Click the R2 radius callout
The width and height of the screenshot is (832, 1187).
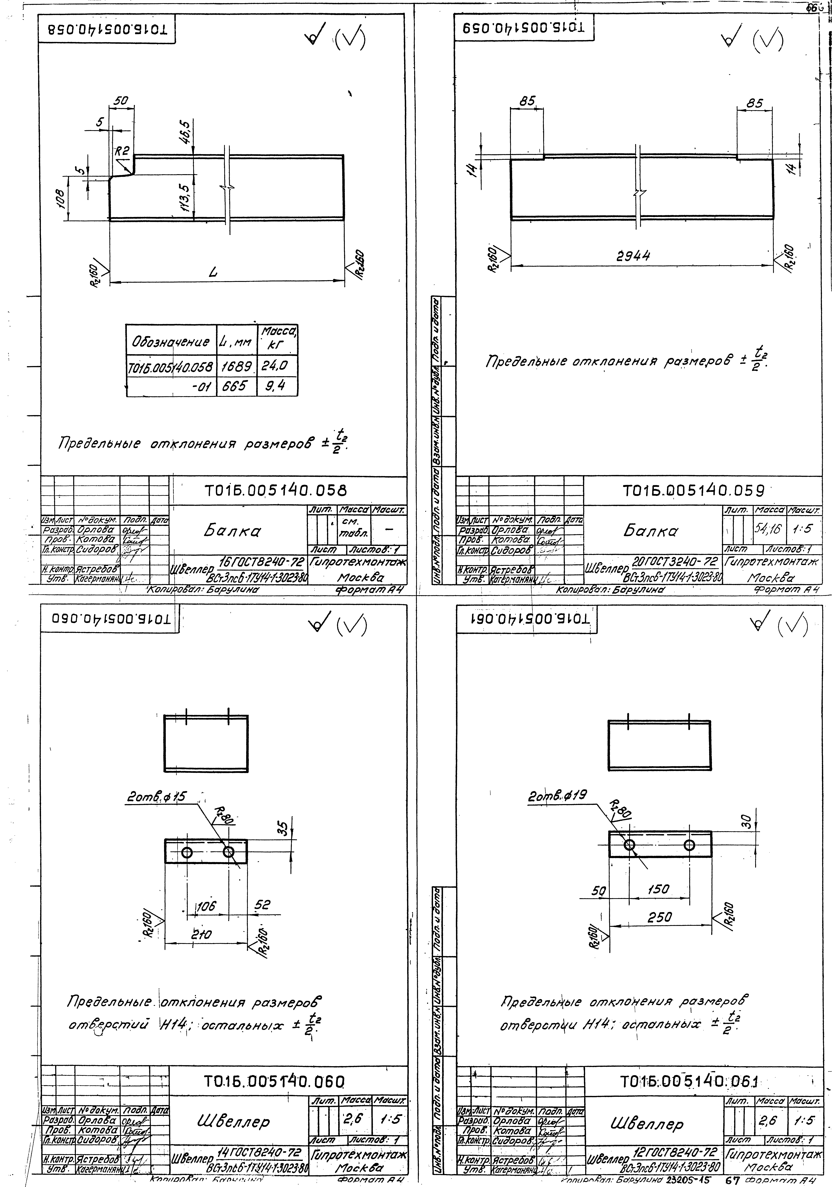click(x=122, y=151)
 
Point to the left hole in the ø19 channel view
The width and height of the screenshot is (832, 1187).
click(x=629, y=845)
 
